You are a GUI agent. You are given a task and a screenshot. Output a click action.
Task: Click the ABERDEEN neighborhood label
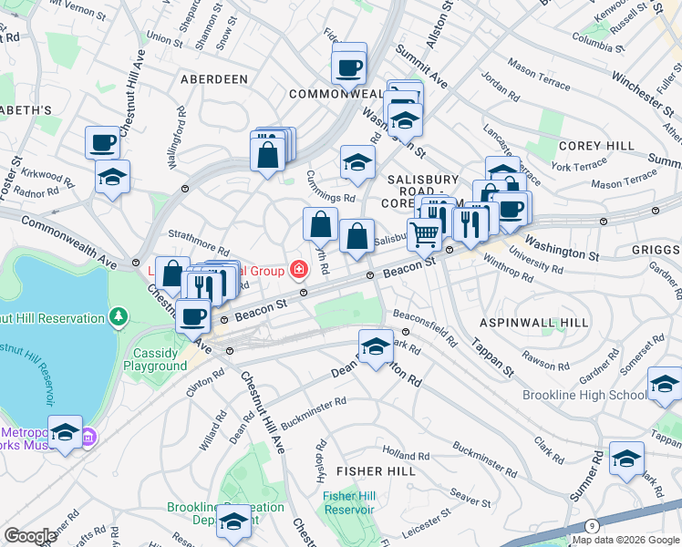click(x=214, y=79)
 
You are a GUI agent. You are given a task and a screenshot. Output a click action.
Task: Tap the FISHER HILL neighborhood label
click(x=376, y=471)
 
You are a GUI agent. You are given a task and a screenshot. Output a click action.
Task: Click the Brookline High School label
click(x=584, y=395)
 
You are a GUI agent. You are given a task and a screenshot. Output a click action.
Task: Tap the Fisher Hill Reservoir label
click(x=348, y=502)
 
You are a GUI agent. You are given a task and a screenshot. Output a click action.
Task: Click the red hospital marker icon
click(x=297, y=269)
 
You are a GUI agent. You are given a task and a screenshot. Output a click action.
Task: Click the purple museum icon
click(x=88, y=438)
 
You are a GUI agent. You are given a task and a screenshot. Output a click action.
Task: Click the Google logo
click(x=30, y=536)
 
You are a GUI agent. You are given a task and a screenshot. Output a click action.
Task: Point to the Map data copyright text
click(x=625, y=540)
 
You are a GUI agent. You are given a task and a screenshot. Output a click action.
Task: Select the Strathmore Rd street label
click(x=198, y=247)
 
